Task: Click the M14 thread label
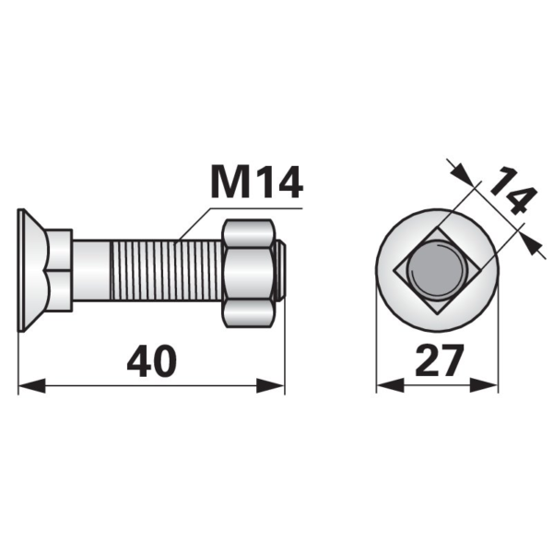point(256,182)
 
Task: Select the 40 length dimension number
point(152,360)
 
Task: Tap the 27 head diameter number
point(439,360)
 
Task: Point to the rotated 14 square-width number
point(513,191)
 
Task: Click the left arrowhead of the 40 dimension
point(31,385)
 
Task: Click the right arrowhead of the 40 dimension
point(270,385)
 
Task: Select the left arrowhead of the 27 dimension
point(390,385)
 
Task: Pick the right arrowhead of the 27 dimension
point(484,385)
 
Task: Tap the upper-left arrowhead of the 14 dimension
point(462,173)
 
